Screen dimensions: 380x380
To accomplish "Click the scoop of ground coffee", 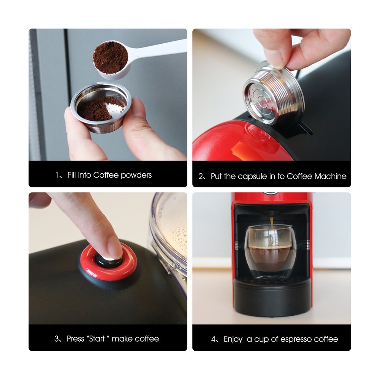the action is [x=111, y=57].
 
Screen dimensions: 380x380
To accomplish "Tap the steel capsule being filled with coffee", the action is [x=101, y=108].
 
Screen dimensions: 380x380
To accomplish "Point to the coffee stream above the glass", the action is [x=271, y=222].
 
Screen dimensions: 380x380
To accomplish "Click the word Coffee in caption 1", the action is [x=106, y=175].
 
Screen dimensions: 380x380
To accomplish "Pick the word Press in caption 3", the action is [x=76, y=339].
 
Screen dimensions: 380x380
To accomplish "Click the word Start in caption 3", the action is [x=97, y=339].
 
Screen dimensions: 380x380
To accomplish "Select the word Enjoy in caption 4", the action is [x=233, y=339].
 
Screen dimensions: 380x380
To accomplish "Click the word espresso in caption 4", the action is [x=294, y=339].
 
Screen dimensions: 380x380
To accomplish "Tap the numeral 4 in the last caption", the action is [x=213, y=339].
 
